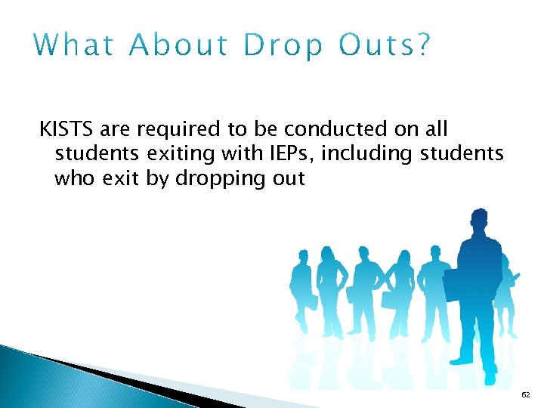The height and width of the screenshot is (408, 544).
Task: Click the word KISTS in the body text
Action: point(63,130)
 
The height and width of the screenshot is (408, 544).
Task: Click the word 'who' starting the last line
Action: point(73,179)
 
